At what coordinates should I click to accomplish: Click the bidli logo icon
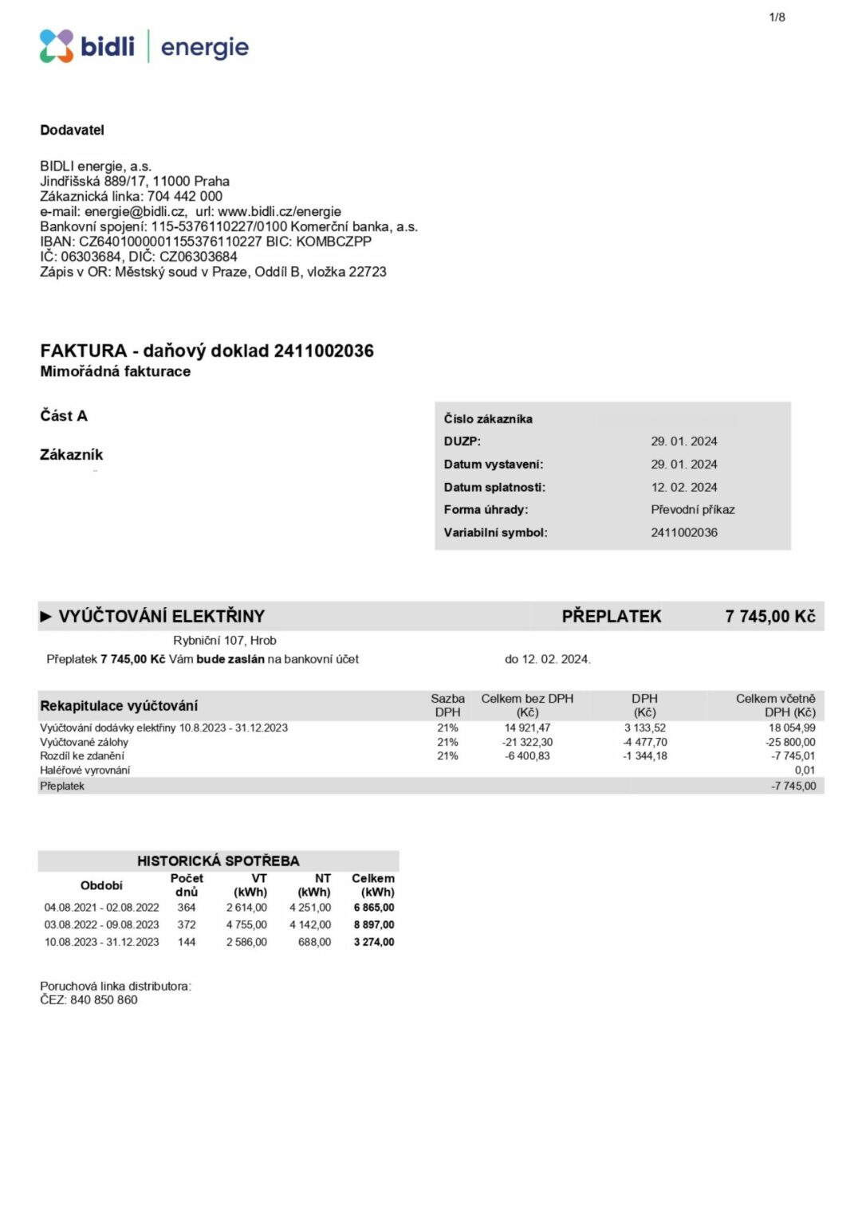click(x=57, y=46)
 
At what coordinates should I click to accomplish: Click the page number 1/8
click(x=777, y=17)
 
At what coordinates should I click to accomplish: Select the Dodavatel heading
click(x=72, y=130)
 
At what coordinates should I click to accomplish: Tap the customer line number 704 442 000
click(x=185, y=196)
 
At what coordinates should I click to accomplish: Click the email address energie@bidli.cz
click(x=135, y=211)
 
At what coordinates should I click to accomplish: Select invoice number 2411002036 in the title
click(x=324, y=351)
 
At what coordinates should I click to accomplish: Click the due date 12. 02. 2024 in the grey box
click(x=683, y=487)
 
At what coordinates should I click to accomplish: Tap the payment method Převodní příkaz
click(x=692, y=510)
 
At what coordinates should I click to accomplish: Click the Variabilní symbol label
click(x=495, y=532)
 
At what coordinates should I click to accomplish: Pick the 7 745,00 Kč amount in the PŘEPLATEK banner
click(x=770, y=616)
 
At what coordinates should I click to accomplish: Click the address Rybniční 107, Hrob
click(x=225, y=640)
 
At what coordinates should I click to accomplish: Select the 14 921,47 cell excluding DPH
click(x=527, y=728)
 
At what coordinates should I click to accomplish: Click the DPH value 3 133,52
click(x=644, y=728)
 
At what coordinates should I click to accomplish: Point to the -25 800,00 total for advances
click(x=790, y=742)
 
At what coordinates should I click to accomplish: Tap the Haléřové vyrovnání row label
click(x=85, y=771)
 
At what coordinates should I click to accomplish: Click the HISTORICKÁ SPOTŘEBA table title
click(x=218, y=861)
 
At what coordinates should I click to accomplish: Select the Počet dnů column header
click(x=187, y=885)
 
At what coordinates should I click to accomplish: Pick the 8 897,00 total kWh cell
click(x=374, y=925)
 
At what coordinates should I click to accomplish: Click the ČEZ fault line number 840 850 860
click(x=104, y=1000)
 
